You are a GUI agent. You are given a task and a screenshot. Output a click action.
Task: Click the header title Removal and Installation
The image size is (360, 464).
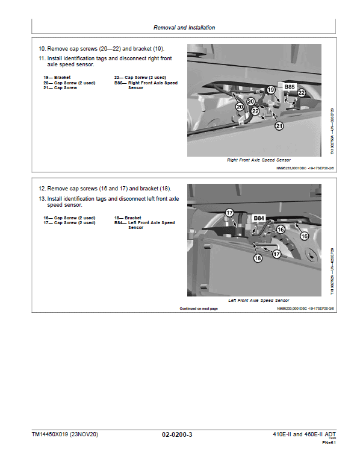(x=184, y=28)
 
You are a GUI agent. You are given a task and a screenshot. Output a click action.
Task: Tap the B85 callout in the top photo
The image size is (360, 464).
(x=290, y=87)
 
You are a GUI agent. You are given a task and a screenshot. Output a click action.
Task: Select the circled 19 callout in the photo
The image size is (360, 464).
(x=271, y=90)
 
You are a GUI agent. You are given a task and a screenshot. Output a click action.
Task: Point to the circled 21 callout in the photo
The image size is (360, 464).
(x=279, y=125)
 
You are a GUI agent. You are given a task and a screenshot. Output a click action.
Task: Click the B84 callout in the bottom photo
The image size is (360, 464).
(x=259, y=218)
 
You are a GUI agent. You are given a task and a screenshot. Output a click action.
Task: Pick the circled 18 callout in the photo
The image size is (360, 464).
(x=258, y=257)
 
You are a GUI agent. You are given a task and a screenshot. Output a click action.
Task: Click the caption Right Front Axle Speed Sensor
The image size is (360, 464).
(x=258, y=160)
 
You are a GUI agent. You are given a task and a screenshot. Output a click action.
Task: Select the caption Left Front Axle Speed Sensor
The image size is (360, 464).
(x=258, y=300)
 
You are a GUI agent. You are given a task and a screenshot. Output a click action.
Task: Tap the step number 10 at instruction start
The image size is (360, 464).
(x=42, y=48)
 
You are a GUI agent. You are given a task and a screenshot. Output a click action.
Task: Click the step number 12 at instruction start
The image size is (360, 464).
(x=42, y=189)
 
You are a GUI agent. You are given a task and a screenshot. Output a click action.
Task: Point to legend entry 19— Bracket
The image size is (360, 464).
(x=57, y=78)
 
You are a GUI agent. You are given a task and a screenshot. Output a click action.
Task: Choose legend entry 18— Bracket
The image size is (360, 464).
(x=128, y=218)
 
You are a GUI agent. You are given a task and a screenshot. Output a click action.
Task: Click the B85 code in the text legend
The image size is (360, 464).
(x=119, y=83)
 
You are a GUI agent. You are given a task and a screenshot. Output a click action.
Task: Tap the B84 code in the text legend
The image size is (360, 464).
(x=119, y=222)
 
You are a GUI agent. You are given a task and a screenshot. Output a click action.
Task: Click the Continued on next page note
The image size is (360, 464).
(x=199, y=309)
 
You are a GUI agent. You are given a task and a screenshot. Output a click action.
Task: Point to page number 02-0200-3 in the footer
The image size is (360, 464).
(x=177, y=434)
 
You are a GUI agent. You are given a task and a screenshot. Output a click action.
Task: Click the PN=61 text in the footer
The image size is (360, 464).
(x=329, y=443)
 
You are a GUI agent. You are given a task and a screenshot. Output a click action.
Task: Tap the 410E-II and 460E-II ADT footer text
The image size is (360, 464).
(x=300, y=434)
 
